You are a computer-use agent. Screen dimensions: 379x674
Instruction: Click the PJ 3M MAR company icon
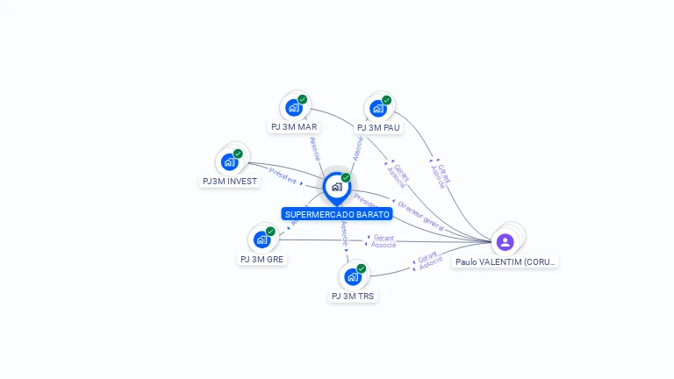(294, 107)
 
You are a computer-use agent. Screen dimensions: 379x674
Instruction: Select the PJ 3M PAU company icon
(378, 108)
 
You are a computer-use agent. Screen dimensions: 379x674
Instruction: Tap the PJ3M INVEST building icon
(230, 161)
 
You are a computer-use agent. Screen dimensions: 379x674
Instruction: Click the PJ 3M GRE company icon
(262, 239)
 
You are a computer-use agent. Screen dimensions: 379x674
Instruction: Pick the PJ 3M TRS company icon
(352, 276)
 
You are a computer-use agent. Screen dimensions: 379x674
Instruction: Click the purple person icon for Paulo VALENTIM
(505, 241)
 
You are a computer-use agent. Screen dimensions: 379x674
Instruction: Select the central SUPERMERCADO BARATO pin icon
(336, 187)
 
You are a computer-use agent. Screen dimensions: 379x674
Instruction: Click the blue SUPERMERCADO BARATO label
(337, 214)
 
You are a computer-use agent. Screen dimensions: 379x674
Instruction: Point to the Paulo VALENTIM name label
(505, 261)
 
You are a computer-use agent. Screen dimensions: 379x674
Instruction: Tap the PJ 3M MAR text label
(294, 127)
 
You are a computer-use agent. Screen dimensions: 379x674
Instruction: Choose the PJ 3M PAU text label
(378, 128)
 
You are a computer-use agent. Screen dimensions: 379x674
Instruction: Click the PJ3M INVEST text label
(230, 182)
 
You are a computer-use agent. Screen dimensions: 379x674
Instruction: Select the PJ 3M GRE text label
(262, 259)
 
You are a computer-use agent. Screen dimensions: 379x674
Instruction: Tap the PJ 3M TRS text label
(352, 297)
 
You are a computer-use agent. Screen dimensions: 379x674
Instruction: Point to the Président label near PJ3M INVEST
(283, 175)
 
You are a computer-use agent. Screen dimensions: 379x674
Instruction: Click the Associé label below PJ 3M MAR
(315, 148)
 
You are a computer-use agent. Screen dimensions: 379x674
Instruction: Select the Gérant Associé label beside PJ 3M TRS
(429, 260)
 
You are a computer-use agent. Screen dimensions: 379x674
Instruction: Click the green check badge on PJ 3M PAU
(386, 100)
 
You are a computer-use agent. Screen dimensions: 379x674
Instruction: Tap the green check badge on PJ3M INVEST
(238, 154)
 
